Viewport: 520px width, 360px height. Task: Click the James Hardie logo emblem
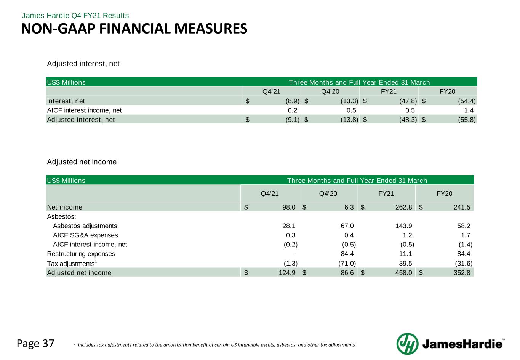(x=408, y=344)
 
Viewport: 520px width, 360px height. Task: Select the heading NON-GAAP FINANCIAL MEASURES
(x=134, y=29)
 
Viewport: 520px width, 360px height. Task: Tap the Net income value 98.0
(x=288, y=207)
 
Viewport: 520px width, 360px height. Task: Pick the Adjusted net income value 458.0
(x=405, y=272)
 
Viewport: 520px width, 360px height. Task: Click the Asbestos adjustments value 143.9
(x=405, y=226)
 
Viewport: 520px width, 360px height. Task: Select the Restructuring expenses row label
(x=81, y=254)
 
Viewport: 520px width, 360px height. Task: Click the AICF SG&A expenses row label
(x=85, y=235)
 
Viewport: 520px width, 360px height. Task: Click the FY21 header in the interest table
(x=389, y=91)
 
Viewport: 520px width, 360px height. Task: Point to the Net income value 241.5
(x=462, y=207)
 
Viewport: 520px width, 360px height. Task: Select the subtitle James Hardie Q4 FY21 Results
(x=75, y=16)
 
